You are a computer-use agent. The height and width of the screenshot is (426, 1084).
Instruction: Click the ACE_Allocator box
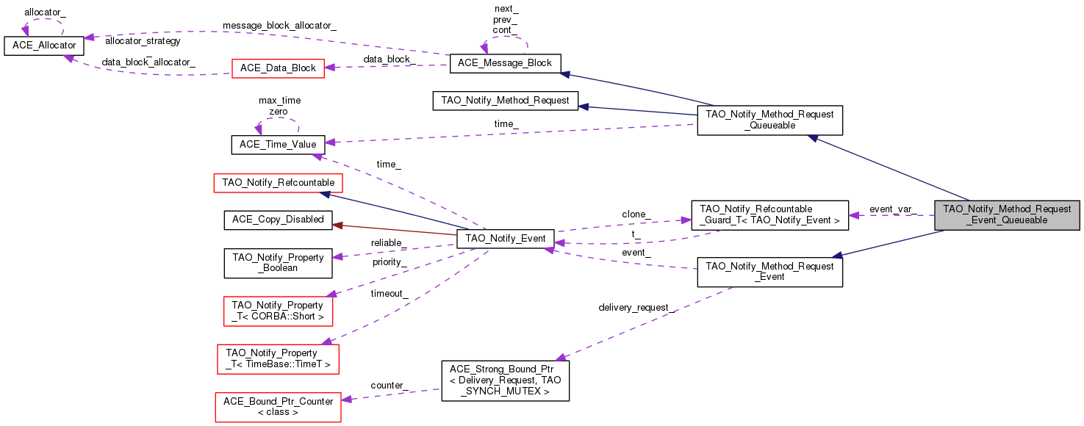44,46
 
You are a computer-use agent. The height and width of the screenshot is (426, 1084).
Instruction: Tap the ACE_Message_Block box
505,62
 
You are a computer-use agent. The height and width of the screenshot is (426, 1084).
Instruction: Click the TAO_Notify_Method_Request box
505,101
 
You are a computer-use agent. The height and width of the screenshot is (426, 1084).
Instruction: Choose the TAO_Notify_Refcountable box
278,182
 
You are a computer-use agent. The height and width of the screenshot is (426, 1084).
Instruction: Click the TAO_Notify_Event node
505,239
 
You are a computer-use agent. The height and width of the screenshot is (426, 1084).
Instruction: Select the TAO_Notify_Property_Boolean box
278,263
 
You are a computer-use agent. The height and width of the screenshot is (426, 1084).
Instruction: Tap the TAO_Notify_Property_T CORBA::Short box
278,311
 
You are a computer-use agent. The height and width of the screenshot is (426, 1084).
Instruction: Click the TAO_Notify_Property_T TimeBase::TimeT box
278,358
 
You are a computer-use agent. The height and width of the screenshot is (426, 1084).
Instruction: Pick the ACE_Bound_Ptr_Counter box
278,406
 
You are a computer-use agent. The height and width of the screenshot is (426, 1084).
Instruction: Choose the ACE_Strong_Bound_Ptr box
505,380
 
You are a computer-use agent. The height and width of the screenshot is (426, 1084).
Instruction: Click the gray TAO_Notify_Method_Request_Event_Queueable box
1007,214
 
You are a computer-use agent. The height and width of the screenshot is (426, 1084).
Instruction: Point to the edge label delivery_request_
636,307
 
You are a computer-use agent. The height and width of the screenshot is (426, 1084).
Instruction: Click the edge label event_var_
892,209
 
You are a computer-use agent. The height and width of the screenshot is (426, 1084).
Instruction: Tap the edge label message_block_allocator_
279,26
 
